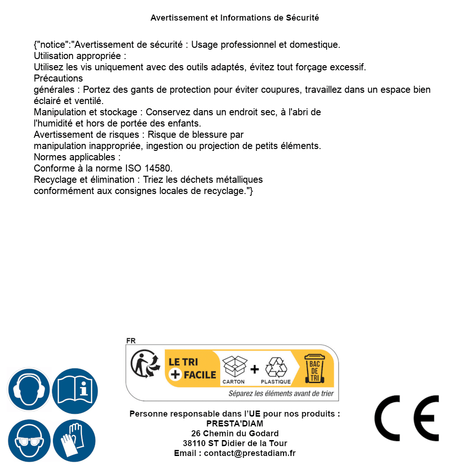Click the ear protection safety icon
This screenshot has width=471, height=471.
coord(29,390)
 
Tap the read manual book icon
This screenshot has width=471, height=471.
coord(75,390)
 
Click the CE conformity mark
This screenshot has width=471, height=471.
coord(407,418)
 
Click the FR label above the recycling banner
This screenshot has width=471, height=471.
coord(131,341)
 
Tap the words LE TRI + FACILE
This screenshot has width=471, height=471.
coord(192,368)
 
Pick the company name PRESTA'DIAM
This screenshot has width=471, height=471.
coord(235,424)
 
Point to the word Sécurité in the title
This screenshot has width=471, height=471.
coord(302,18)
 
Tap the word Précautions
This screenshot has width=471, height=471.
coord(58,78)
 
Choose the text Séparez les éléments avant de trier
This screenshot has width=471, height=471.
coord(281,394)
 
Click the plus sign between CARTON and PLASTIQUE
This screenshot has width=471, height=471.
coord(254,369)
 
